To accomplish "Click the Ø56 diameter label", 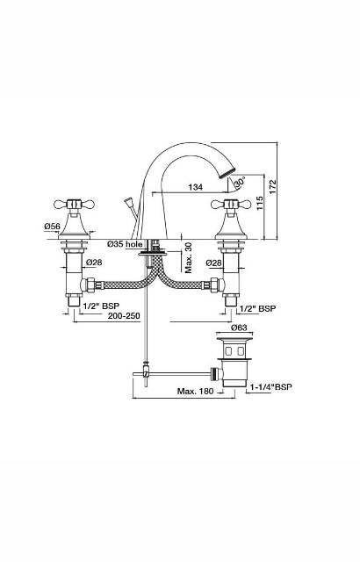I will (51, 226).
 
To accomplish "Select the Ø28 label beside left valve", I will (94, 263).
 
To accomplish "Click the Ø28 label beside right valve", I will (213, 263).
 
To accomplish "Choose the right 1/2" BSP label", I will (258, 308).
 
